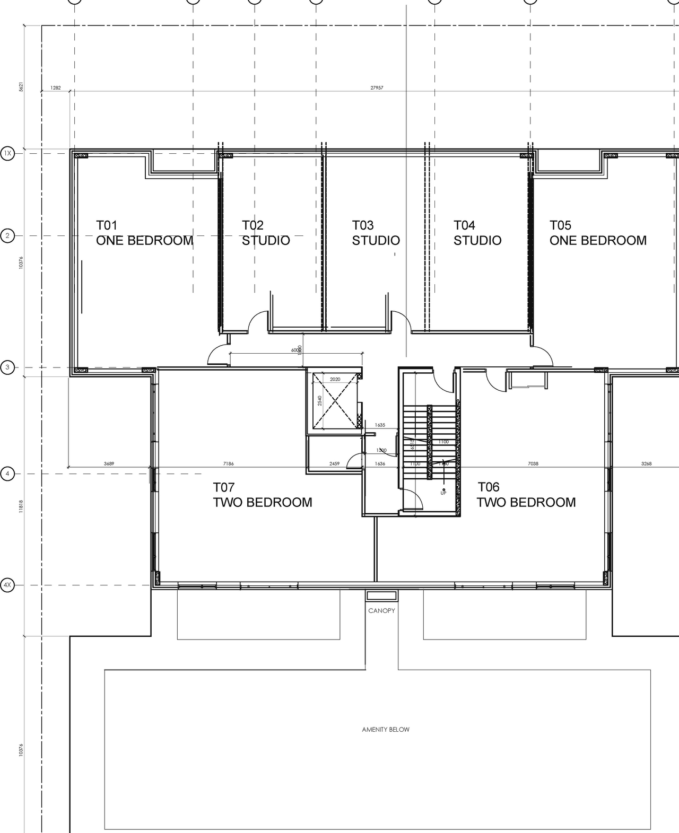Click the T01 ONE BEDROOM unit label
[x=144, y=233]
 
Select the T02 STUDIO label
[x=266, y=233]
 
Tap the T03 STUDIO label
[x=376, y=233]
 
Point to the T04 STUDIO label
[x=477, y=233]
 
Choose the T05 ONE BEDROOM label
[x=598, y=233]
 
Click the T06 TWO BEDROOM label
[x=526, y=495]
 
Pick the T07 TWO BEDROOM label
[x=263, y=495]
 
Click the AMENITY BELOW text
[x=386, y=730]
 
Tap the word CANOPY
[x=381, y=611]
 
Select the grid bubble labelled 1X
[x=7, y=154]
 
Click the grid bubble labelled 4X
[x=7, y=585]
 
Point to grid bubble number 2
[x=7, y=236]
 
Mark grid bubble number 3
[x=7, y=367]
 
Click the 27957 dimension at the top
[x=377, y=88]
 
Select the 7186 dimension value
[x=228, y=464]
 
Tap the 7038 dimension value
[x=533, y=464]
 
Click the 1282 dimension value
[x=56, y=88]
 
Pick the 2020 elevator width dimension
[x=335, y=380]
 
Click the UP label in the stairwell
[x=443, y=493]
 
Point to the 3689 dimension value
[x=109, y=464]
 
